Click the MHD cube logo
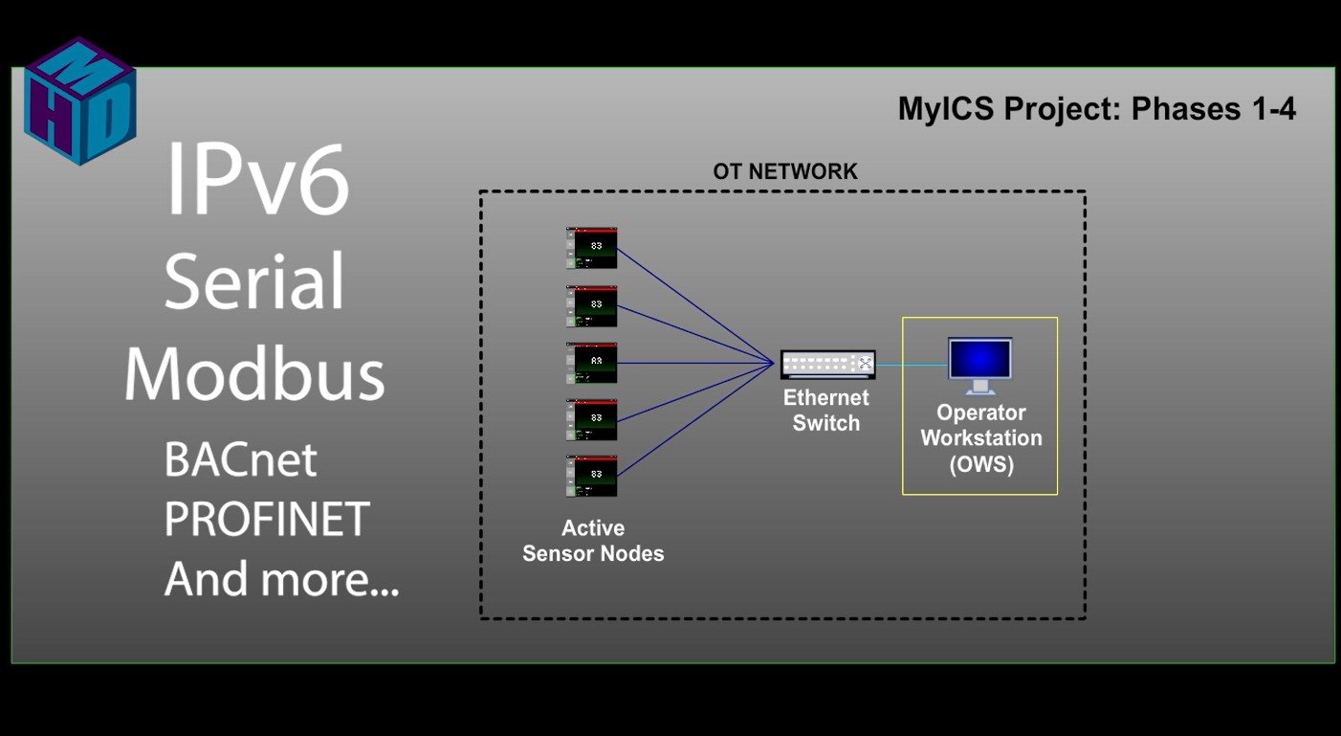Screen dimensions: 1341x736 (80, 100)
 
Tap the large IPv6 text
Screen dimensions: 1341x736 (257, 179)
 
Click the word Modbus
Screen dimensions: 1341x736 (254, 373)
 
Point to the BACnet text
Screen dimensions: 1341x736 (241, 460)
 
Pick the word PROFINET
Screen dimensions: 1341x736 (267, 519)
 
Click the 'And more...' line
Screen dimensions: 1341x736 (281, 578)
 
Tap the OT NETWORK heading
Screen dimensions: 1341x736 (785, 172)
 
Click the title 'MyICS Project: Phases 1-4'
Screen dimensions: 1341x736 (1097, 109)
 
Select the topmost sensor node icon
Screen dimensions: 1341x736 (591, 248)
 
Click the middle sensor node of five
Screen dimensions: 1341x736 (591, 363)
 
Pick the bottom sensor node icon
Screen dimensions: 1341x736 (591, 476)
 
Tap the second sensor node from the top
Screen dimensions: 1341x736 (591, 306)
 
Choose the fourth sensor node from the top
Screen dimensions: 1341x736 (591, 420)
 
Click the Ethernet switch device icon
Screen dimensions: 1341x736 (828, 364)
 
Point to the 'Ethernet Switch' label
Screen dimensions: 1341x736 (826, 411)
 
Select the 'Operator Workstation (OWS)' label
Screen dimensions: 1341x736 (981, 438)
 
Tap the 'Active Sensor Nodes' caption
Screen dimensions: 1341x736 (593, 541)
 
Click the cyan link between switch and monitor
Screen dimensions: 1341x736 (912, 364)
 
